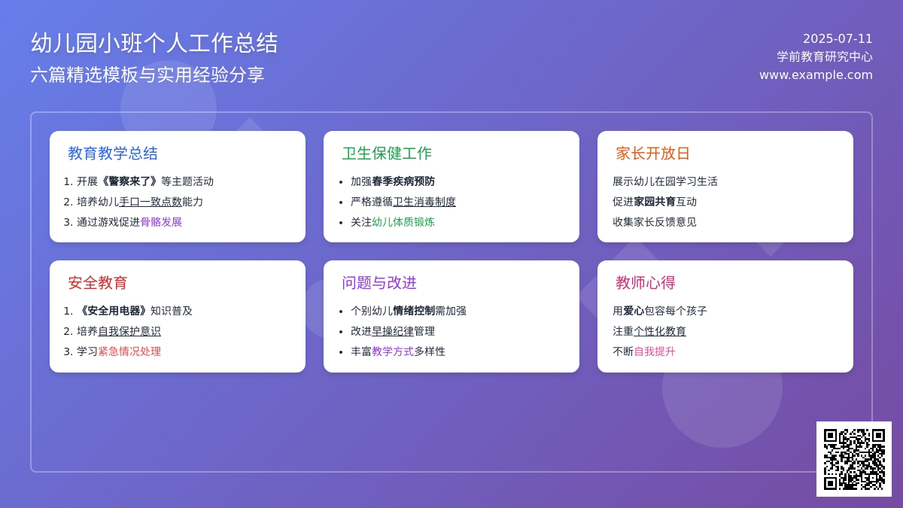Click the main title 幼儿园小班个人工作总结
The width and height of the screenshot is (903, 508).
[154, 43]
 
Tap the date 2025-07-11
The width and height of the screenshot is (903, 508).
[838, 38]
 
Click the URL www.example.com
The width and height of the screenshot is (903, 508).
[816, 75]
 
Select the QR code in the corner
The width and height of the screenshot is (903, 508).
[854, 459]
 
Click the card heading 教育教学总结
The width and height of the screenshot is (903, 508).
[113, 154]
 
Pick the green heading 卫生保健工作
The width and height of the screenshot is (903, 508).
[387, 154]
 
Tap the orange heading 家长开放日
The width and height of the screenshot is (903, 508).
[652, 154]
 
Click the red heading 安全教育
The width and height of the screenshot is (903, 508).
[98, 283]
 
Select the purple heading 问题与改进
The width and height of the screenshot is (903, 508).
[379, 283]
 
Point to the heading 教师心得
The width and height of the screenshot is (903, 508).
[646, 283]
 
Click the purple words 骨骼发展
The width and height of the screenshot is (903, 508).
[161, 222]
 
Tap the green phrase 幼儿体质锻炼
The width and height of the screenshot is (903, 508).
[403, 222]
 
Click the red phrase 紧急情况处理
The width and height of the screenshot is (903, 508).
[129, 351]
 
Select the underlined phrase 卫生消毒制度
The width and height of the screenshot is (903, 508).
[424, 202]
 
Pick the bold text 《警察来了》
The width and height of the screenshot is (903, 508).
[129, 181]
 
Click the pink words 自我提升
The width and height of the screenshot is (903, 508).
[655, 351]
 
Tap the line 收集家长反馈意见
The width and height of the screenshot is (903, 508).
[654, 222]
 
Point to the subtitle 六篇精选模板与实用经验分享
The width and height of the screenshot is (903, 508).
[147, 75]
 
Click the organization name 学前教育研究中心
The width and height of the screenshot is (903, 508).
[825, 57]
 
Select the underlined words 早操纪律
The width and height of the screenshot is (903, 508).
[393, 331]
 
